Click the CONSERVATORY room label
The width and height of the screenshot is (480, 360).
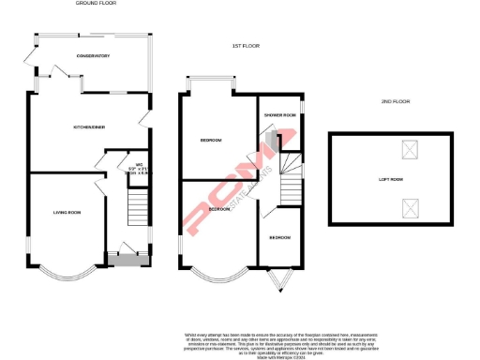click(x=94, y=56)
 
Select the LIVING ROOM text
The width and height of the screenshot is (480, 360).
click(x=67, y=213)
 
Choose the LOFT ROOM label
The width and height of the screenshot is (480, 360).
click(x=390, y=178)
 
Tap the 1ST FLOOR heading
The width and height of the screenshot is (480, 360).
click(x=245, y=45)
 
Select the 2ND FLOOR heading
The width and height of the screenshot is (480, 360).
click(x=397, y=100)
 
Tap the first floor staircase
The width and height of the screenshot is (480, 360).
click(x=291, y=178)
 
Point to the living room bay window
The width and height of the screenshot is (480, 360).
click(x=67, y=275)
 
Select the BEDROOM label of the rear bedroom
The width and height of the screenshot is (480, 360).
click(x=211, y=141)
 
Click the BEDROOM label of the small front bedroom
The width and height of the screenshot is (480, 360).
click(x=279, y=238)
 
